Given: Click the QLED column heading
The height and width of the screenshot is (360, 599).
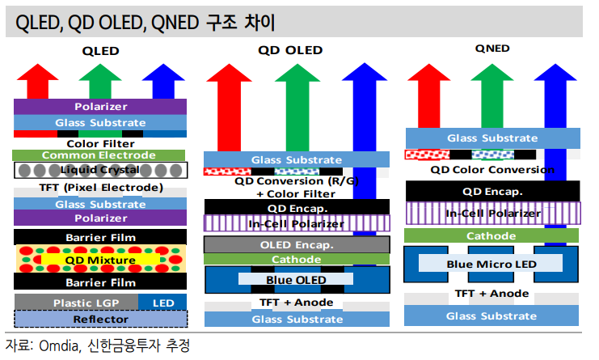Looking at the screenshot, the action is [101, 51].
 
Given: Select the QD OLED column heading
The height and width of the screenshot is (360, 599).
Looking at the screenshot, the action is [290, 50].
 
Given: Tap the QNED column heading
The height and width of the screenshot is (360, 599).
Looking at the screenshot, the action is [492, 49].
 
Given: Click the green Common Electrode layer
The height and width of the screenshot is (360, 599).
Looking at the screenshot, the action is [99, 155].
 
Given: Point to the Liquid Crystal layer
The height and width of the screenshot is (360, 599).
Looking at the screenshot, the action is [100, 170].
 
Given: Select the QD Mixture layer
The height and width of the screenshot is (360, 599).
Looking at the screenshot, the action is [100, 259].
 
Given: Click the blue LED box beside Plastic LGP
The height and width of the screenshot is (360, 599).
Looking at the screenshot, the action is [162, 303].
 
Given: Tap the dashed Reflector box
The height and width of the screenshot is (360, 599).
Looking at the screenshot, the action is [101, 319].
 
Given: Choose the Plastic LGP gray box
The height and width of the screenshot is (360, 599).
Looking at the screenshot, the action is [76, 303].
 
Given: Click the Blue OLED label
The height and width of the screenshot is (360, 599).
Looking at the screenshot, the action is [296, 280].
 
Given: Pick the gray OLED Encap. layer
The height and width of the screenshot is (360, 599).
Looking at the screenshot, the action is [297, 244].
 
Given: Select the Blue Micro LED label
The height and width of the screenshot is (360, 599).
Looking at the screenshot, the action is [491, 264].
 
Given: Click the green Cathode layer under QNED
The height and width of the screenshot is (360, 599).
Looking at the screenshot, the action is [491, 235].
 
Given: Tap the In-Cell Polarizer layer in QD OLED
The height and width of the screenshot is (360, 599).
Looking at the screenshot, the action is [297, 223].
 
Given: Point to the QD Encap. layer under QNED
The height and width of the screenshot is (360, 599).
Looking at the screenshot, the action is [493, 191].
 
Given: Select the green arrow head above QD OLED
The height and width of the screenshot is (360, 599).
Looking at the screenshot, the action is [297, 73].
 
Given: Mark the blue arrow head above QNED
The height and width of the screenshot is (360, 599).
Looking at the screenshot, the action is [555, 72].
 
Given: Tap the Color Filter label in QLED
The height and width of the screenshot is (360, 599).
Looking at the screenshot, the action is [100, 144].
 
